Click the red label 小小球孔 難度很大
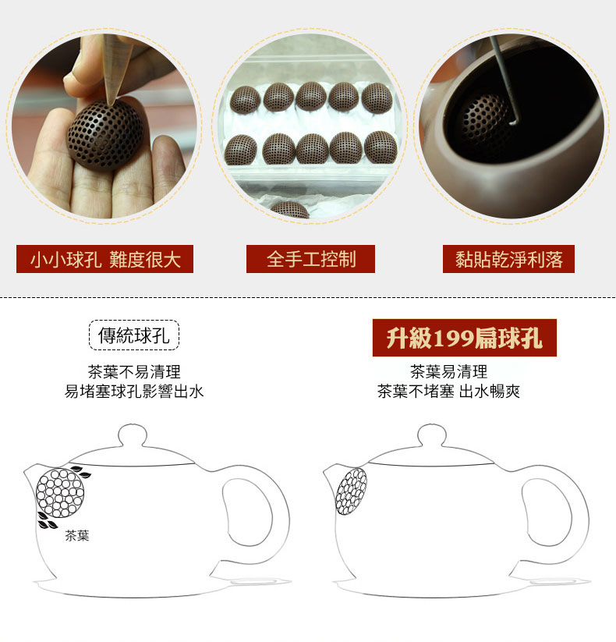[x=104, y=259]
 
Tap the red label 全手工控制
[x=310, y=259]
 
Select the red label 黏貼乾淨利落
[x=508, y=259]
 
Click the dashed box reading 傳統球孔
[x=134, y=335]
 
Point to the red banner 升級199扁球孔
[x=465, y=338]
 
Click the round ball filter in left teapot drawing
[x=60, y=493]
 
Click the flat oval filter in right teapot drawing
[x=351, y=491]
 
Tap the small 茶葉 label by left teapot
[x=77, y=535]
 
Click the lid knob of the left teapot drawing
[x=133, y=435]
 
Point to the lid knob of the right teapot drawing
[x=432, y=435]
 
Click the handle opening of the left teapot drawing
[x=247, y=512]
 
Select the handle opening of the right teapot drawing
[x=547, y=512]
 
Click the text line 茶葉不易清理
[x=134, y=372]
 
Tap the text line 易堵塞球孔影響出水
[x=134, y=392]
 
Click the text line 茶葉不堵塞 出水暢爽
[x=448, y=392]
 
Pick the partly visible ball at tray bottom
[x=290, y=210]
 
